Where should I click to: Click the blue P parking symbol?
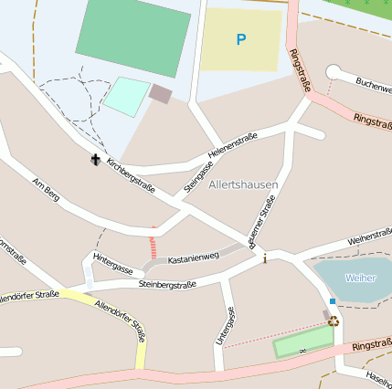[x=241, y=39]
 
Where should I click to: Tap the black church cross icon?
[x=95, y=161]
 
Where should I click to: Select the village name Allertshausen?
[x=243, y=185]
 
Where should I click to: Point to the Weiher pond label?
[x=360, y=277]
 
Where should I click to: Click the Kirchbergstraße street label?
[x=131, y=176]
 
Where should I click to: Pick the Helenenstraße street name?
[x=233, y=143]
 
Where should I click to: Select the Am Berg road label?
[x=45, y=189]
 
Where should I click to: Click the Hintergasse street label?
[x=113, y=267]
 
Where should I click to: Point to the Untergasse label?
[x=226, y=325]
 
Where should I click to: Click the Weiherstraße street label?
[x=369, y=238]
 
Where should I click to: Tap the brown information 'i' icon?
[x=265, y=259]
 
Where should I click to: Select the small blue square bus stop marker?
[x=333, y=301]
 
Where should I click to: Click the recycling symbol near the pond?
[x=334, y=321]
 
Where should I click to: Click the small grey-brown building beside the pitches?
[x=160, y=93]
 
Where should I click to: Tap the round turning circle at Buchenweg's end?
[x=333, y=72]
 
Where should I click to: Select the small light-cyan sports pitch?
[x=126, y=97]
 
